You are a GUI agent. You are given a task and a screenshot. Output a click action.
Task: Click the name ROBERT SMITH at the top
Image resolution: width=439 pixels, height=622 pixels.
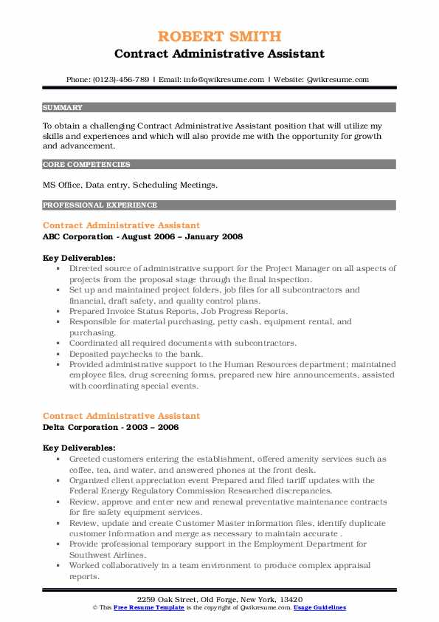point(219,37)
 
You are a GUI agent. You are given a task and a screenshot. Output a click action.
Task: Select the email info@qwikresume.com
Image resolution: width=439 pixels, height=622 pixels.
point(222,79)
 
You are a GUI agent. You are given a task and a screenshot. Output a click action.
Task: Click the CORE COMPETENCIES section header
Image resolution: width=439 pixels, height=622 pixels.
point(86,165)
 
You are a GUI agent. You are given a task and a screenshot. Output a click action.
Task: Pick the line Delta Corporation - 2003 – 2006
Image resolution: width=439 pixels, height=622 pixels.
point(111,428)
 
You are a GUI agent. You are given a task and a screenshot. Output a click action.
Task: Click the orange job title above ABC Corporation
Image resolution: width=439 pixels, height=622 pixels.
point(121,225)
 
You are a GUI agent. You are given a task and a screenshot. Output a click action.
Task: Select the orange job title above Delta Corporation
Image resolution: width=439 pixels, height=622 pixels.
point(121,416)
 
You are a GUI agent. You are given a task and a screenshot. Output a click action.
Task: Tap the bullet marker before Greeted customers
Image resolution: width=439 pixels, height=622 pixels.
point(58,459)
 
